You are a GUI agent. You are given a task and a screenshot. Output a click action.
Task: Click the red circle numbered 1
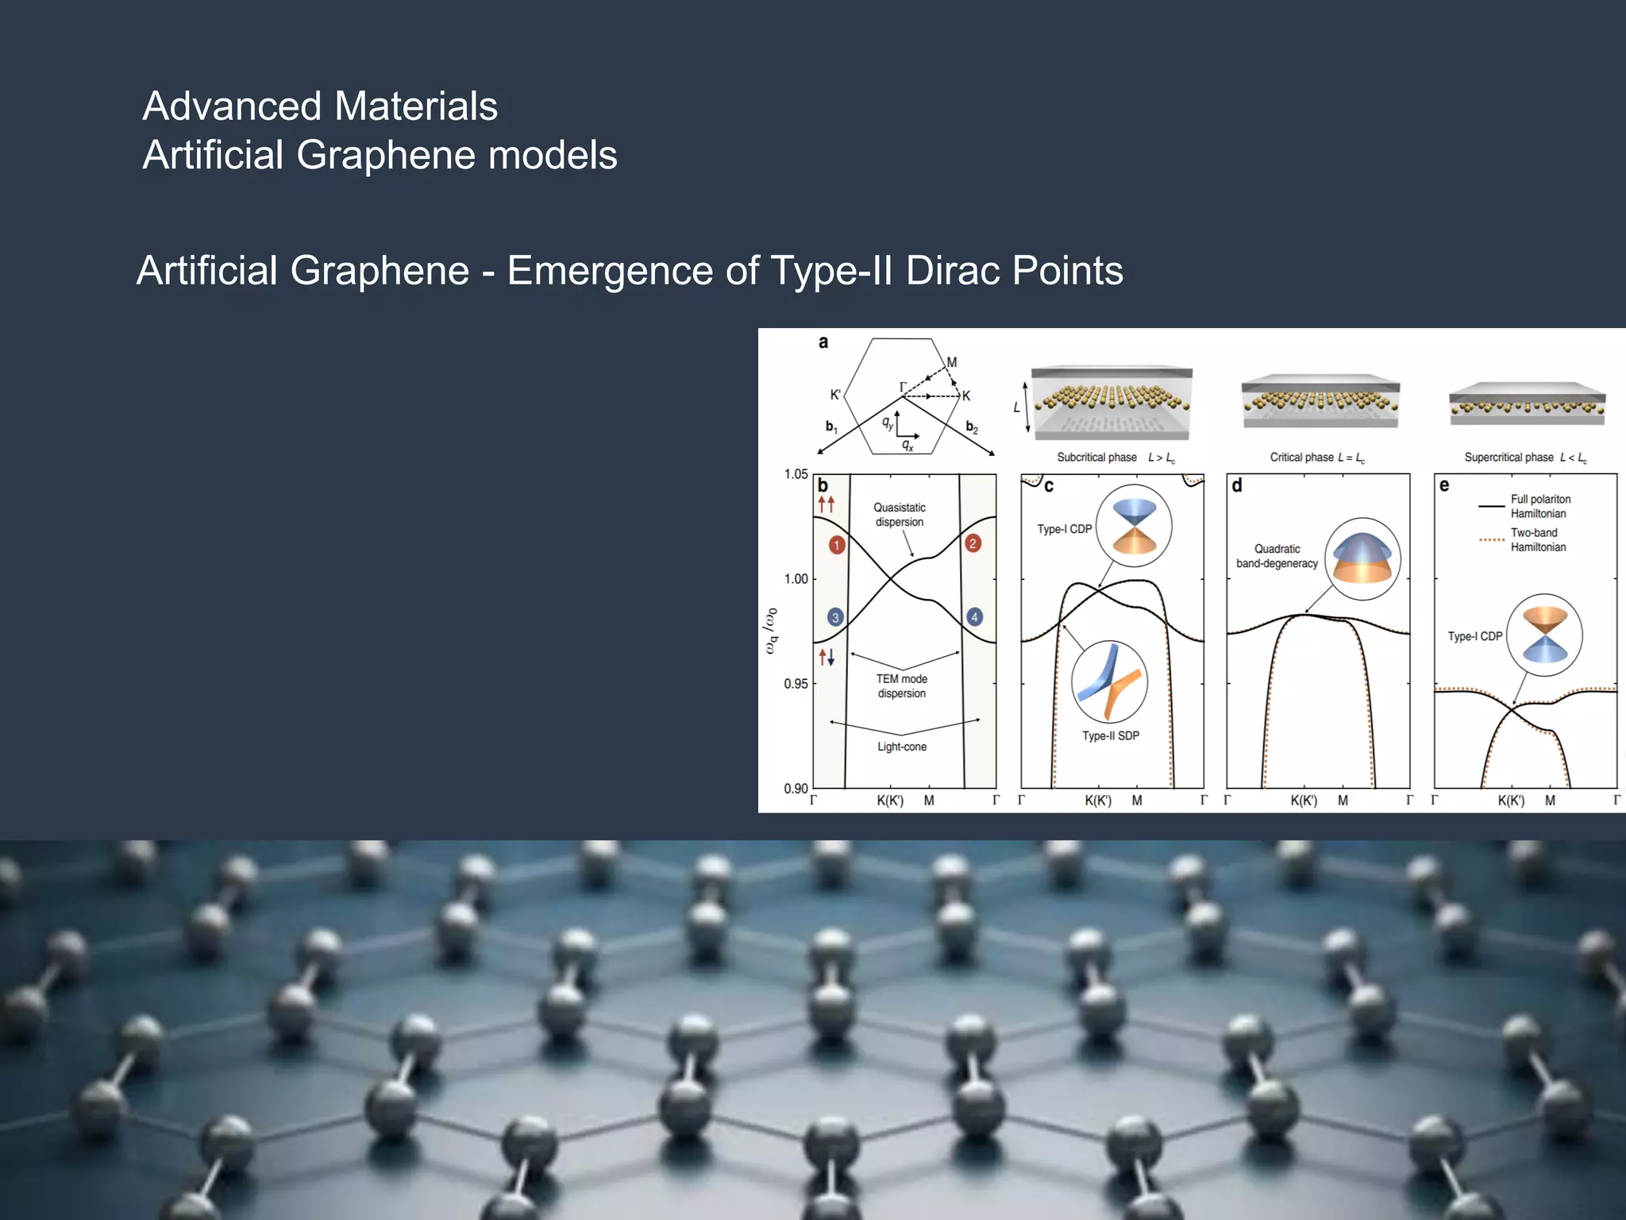point(836,545)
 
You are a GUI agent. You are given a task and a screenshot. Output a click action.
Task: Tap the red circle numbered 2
point(973,543)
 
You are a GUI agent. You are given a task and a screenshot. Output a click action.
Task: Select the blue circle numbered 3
point(834,617)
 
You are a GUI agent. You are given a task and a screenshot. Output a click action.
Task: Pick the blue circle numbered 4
point(974,617)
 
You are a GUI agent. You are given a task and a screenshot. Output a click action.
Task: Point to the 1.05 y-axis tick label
point(796,474)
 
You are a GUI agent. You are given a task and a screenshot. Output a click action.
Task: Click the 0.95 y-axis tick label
point(796,684)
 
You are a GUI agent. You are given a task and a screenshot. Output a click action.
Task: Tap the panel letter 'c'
point(1049,486)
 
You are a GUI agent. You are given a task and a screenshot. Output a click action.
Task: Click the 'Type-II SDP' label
point(1110,736)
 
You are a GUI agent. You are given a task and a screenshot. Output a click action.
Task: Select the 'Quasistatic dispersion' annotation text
point(899,515)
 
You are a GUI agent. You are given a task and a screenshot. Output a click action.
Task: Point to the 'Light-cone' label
point(901,747)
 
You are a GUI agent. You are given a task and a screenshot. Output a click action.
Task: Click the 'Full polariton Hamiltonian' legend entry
point(1539,506)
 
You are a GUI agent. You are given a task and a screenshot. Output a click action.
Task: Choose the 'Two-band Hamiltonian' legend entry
point(1537,540)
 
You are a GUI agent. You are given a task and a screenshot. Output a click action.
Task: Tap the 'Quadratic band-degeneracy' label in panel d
point(1277,556)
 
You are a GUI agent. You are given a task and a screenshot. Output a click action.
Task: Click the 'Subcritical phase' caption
point(1096,457)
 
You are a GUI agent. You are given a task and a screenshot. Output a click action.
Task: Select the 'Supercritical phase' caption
point(1508,457)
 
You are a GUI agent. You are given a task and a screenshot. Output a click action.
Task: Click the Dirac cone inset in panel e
point(1544,635)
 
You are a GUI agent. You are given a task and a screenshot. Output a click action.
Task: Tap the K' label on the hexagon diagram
point(834,395)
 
